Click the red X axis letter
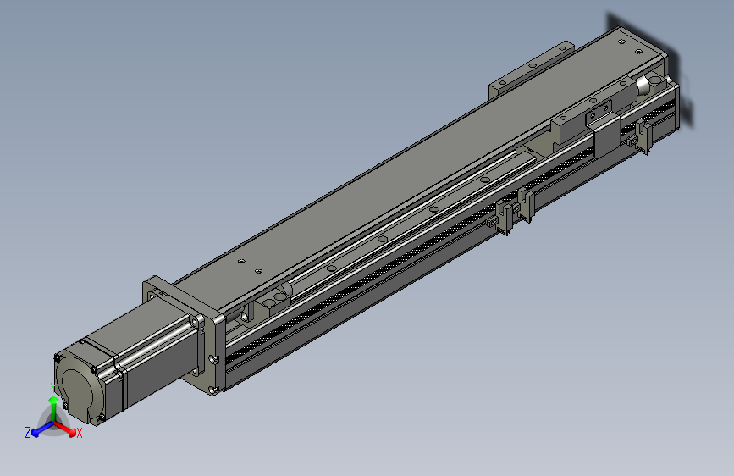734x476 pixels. (80, 434)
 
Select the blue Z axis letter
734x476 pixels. (28, 433)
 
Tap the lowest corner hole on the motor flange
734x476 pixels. (211, 389)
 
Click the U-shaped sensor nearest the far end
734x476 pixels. (644, 136)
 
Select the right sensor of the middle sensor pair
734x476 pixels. (526, 205)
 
